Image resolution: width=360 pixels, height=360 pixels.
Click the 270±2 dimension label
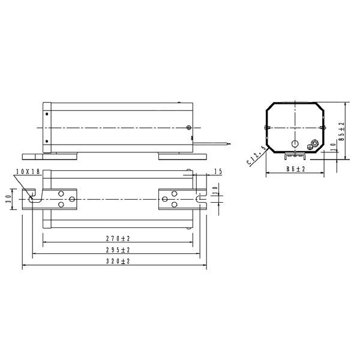coord(118,239)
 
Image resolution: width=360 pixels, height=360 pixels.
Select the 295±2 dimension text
coord(118,250)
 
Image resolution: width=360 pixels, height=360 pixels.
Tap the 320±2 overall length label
coord(118,261)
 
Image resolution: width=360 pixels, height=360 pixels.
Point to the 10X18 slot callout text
coord(28,172)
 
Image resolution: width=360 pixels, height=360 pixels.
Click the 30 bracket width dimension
coord(9,199)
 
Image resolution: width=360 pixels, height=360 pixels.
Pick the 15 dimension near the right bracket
coord(218,172)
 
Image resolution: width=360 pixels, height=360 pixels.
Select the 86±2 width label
coord(295,169)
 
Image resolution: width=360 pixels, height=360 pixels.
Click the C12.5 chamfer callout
coord(256,155)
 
